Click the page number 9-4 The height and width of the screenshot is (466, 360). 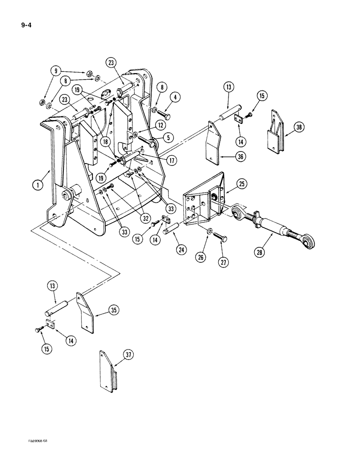click(16, 20)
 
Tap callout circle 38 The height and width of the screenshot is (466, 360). click(298, 127)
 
